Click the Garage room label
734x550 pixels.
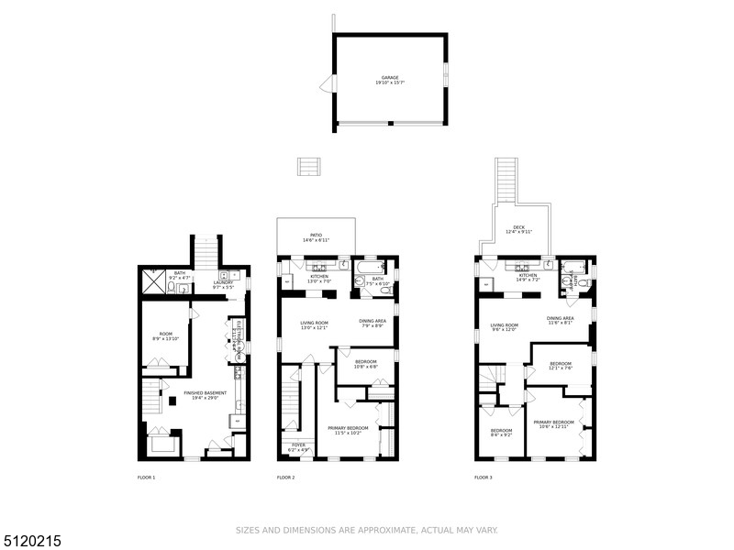(390, 80)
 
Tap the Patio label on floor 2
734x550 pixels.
(316, 237)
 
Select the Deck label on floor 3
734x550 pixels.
(518, 229)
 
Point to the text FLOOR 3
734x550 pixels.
(484, 478)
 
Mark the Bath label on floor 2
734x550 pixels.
(378, 280)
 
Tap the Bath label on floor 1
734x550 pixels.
(180, 274)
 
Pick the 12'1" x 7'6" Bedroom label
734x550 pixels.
(560, 366)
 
